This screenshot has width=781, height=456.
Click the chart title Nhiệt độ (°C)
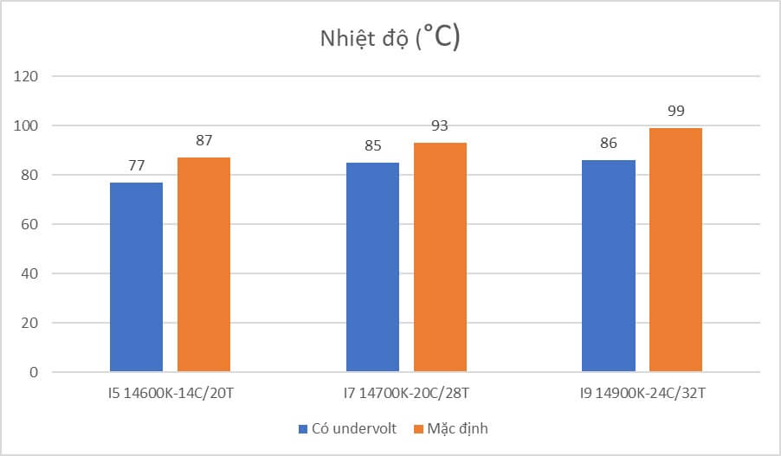[x=390, y=39]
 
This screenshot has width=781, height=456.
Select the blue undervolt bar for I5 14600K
[x=136, y=277]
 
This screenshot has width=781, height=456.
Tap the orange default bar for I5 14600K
[x=203, y=265]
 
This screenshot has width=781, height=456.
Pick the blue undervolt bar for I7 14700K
[x=372, y=267]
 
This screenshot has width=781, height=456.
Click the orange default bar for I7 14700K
[x=440, y=257]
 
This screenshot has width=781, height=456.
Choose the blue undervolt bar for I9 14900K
[x=608, y=266]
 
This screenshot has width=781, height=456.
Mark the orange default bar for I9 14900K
[x=675, y=250]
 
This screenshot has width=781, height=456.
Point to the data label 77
[x=136, y=166]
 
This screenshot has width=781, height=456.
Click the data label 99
[x=675, y=112]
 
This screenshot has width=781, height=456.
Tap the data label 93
[x=440, y=126]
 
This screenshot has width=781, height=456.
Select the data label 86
[x=608, y=144]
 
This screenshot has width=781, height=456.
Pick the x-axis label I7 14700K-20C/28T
[x=406, y=395]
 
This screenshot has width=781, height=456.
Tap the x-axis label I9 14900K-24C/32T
[x=642, y=395]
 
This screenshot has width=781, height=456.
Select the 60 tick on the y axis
[x=31, y=225]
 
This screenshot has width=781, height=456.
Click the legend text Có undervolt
[x=355, y=428]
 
